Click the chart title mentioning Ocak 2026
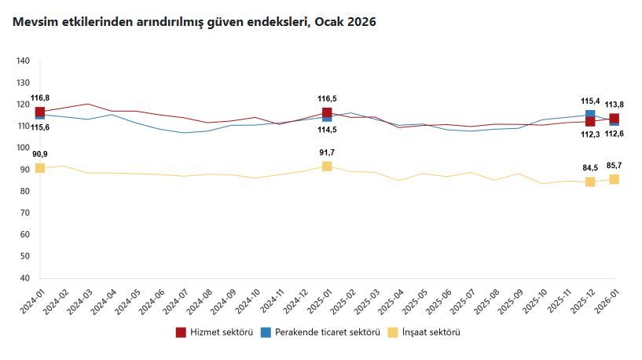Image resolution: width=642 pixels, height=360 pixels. tap(194, 22)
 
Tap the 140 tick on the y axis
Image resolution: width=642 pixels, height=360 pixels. tap(23, 61)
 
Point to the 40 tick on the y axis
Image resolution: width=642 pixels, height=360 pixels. tap(25, 278)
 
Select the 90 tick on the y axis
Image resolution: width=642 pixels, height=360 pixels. tap(25, 170)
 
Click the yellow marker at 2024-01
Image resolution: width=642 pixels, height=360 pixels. tap(40, 168)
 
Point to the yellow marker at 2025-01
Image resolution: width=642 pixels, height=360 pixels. tap(327, 166)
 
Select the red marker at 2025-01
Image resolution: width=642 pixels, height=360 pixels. tap(327, 113)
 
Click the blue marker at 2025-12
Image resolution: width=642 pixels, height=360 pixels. tap(590, 115)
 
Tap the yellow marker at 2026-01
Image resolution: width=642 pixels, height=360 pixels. tap(614, 179)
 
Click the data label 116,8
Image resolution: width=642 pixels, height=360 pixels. tap(40, 98)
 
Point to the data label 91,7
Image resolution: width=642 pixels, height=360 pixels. tap(327, 152)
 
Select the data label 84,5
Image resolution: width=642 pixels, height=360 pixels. tap(590, 167)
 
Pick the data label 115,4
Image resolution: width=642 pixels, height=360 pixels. tap(590, 101)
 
